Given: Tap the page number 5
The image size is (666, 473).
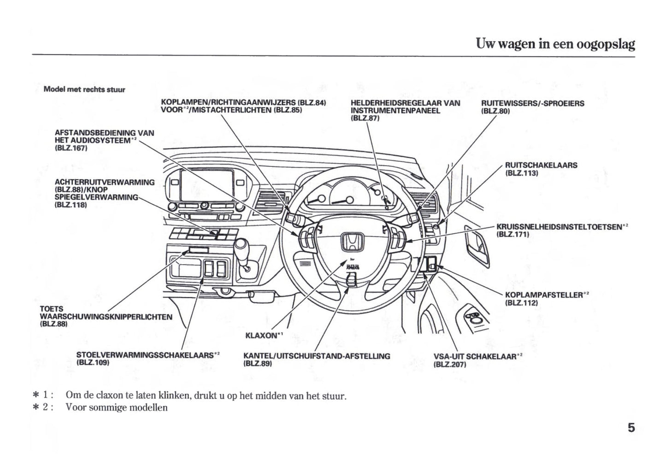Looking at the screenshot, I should click(x=631, y=428).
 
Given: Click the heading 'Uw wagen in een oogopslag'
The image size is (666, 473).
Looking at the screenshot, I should click(x=555, y=44).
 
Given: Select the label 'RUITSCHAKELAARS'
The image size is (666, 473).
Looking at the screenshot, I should click(x=541, y=165).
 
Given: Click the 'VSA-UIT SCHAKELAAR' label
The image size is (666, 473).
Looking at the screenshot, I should click(x=476, y=356).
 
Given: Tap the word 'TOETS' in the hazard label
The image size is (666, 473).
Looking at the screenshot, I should click(x=52, y=309).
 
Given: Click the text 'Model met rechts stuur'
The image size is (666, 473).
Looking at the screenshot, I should click(x=84, y=89).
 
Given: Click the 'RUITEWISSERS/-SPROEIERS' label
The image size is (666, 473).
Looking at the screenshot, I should click(x=532, y=103).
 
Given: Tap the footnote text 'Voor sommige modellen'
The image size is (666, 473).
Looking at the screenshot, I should click(x=117, y=408).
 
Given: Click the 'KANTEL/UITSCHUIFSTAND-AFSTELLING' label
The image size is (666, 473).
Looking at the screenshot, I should click(x=316, y=356).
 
